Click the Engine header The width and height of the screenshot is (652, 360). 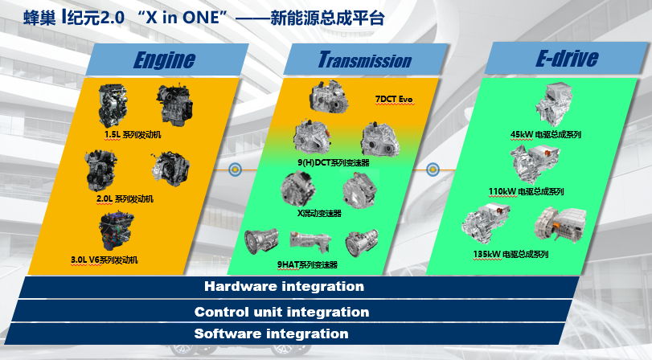click(164, 59)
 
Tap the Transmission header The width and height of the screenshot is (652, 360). click(365, 59)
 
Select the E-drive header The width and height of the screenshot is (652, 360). click(567, 58)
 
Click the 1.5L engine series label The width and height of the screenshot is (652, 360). click(132, 135)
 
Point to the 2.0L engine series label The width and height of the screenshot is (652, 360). click(125, 199)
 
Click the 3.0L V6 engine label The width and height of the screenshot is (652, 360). click(104, 260)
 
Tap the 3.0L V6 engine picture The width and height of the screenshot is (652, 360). click(116, 231)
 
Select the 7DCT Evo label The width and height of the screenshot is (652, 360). click(394, 100)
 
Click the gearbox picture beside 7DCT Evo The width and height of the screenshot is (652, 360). click(329, 96)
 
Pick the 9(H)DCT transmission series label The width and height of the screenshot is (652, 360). click(334, 162)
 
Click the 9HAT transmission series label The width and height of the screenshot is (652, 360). click(307, 264)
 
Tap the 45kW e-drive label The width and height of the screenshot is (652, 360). click(546, 135)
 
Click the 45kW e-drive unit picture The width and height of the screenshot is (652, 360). click(554, 104)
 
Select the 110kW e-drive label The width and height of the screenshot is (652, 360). click(526, 191)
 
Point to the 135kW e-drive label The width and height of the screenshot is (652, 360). click(511, 255)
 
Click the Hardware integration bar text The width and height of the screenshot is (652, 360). click(284, 286)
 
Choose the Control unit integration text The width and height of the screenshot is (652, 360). click(281, 313)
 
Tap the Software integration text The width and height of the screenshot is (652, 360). click(271, 333)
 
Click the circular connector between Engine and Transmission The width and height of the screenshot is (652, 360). click(236, 170)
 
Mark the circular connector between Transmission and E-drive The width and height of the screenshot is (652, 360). click(433, 170)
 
